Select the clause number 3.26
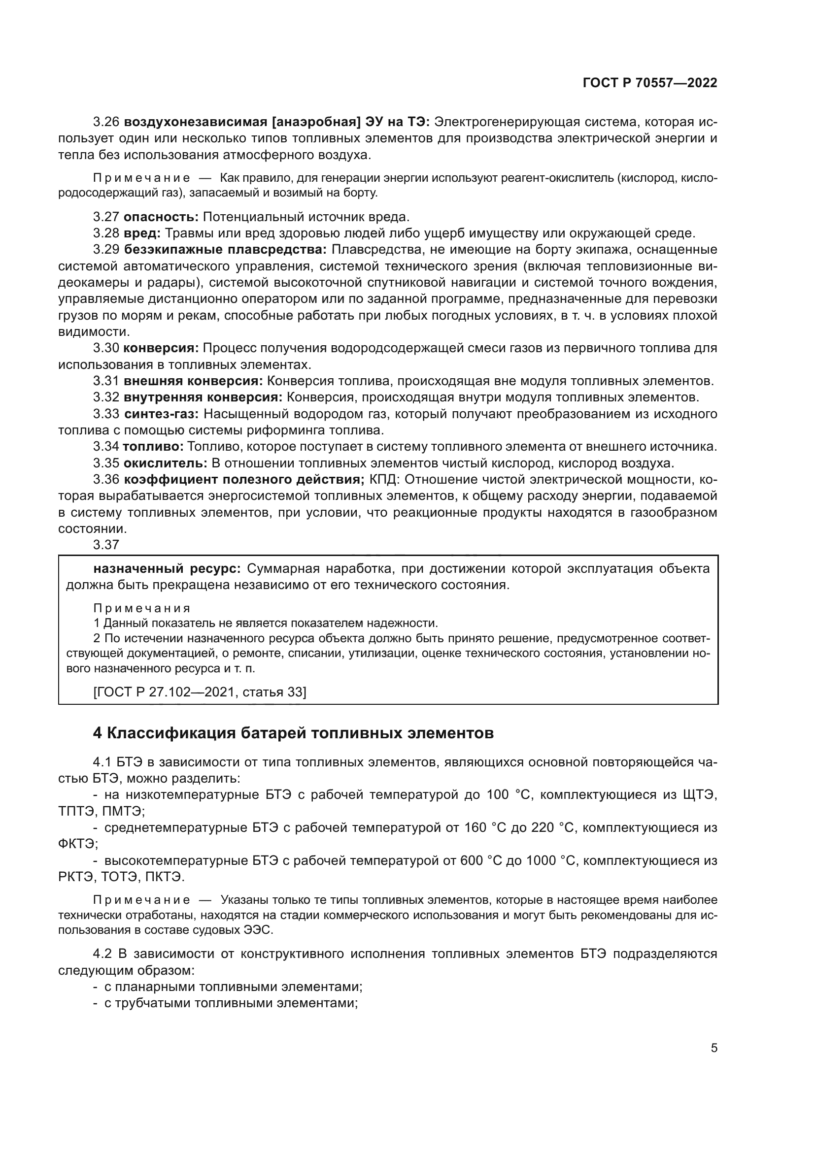click(106, 122)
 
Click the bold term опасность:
click(161, 217)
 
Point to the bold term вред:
click(142, 233)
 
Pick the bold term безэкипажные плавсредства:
click(225, 249)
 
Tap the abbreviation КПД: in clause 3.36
click(384, 479)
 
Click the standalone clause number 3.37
click(106, 544)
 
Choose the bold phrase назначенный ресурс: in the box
click(167, 568)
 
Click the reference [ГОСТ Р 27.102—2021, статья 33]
click(200, 692)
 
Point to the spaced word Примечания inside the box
click(142, 608)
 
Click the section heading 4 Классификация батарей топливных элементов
click(293, 733)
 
